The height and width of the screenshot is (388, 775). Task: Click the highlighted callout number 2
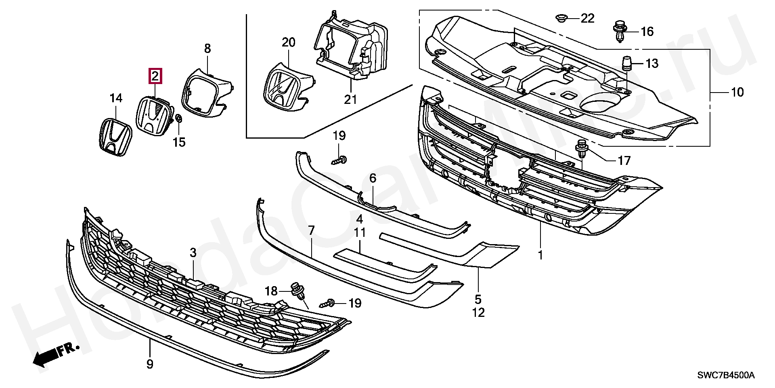pos(155,76)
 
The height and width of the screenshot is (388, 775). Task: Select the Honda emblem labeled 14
pos(115,136)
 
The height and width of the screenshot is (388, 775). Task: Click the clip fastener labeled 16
pos(619,32)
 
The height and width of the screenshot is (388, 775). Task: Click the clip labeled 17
pos(582,148)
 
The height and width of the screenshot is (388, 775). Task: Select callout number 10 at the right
pos(737,92)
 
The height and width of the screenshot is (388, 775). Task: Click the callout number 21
pos(350,99)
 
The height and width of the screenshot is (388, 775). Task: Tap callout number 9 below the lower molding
pos(150,364)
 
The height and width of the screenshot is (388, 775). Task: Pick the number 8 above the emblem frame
pos(207,49)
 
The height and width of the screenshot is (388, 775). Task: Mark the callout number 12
pos(478,312)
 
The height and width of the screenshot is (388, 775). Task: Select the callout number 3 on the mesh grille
pos(193,253)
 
